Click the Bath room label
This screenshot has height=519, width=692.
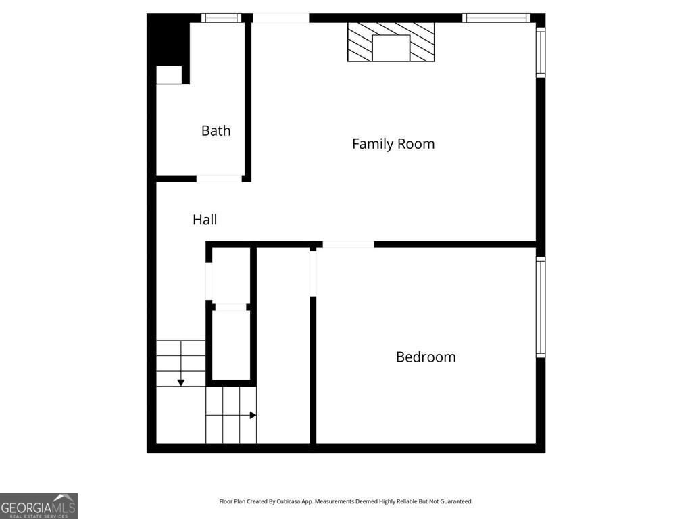[216, 130]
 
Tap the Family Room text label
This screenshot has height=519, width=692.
[393, 143]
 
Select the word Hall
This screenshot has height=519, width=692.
[205, 219]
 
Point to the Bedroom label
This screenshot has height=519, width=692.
[426, 357]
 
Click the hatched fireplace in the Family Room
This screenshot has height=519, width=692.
[391, 42]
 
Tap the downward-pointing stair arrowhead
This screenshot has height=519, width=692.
[181, 382]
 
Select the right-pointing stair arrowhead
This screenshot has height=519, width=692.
[253, 415]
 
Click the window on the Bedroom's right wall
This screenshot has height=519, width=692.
[541, 307]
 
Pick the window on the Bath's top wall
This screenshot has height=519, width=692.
[222, 18]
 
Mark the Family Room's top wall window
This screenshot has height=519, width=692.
[496, 18]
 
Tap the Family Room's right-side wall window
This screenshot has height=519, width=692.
[541, 51]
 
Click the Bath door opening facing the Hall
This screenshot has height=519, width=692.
[219, 178]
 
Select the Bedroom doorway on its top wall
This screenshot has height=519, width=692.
[348, 244]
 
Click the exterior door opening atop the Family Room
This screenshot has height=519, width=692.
[280, 18]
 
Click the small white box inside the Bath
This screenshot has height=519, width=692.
[169, 75]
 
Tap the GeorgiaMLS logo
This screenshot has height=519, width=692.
[39, 505]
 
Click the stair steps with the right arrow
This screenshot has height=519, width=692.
[231, 415]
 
